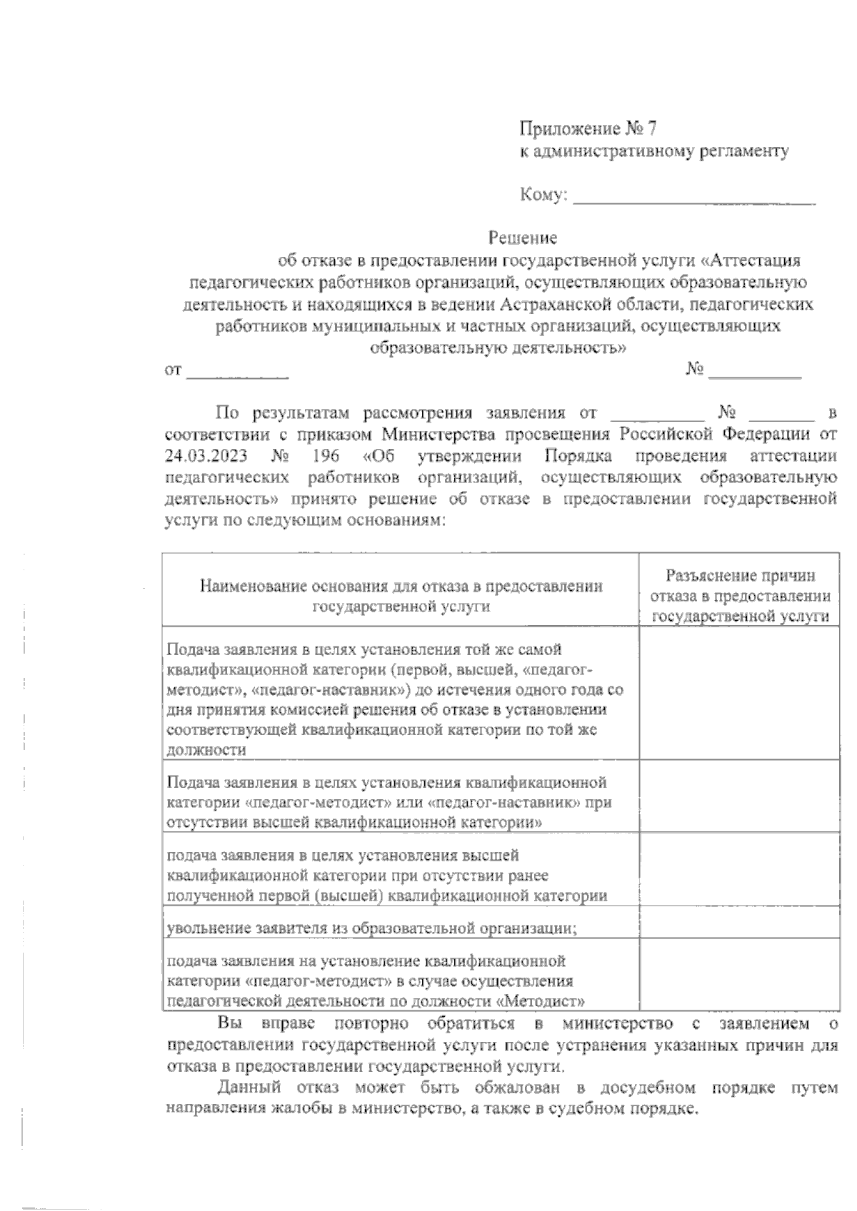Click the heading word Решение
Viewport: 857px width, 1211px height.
(x=522, y=237)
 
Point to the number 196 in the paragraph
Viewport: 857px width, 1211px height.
(x=325, y=455)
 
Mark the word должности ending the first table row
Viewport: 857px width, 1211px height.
(x=206, y=750)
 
